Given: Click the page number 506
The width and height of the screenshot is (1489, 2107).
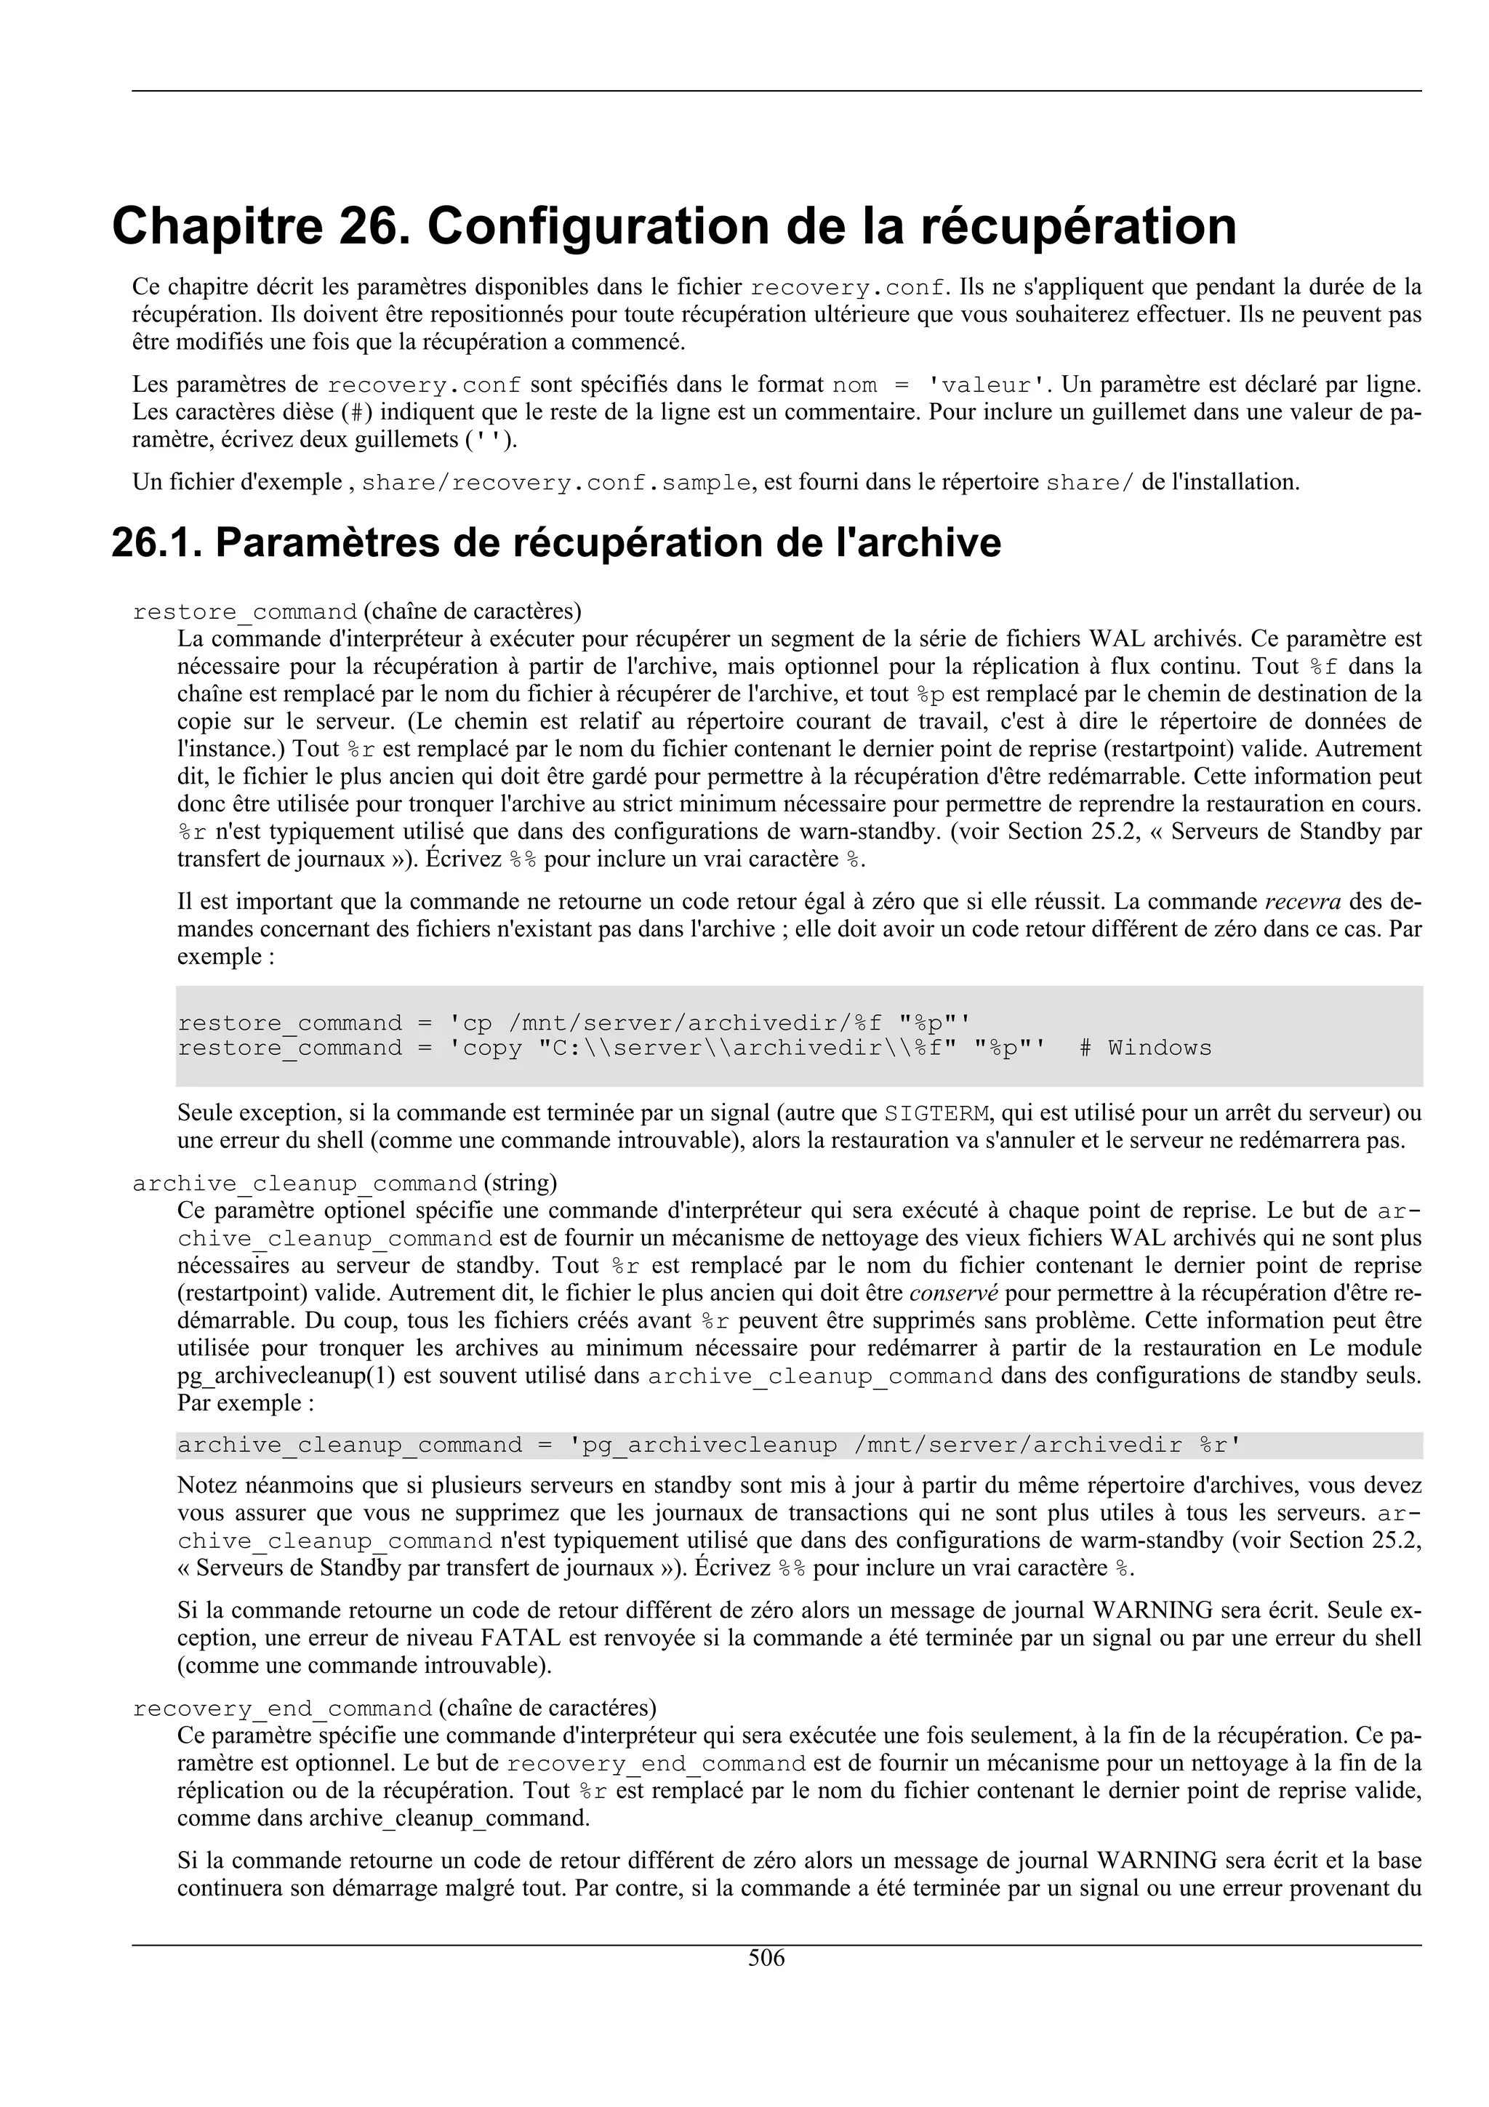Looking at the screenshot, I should (x=766, y=1959).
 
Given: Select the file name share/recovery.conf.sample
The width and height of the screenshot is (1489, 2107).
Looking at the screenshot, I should (x=557, y=483).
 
